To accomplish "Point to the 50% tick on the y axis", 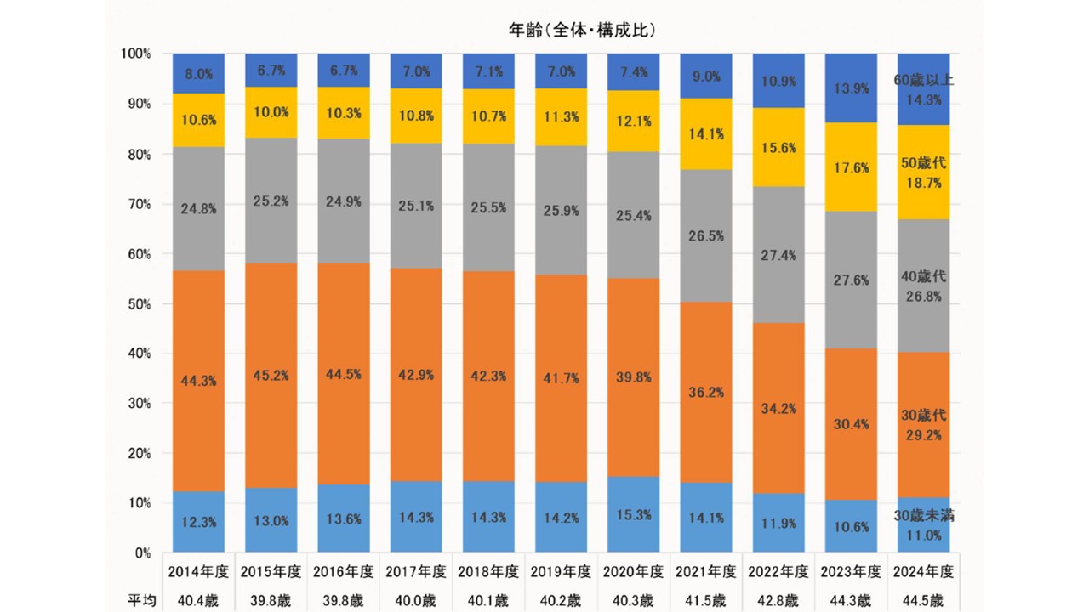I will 136,303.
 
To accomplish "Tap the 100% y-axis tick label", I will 135,54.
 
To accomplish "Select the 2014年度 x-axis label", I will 198,571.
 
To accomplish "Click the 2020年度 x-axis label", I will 634,571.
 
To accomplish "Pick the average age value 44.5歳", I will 924,600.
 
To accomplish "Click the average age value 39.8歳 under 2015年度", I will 271,600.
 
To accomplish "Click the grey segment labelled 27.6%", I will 852,280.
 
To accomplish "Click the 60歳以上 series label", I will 924,81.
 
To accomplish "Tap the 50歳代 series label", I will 924,161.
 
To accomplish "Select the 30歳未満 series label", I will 924,515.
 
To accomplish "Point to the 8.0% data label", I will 198,75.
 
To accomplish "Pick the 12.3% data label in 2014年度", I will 198,521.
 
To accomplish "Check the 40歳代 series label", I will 924,277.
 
